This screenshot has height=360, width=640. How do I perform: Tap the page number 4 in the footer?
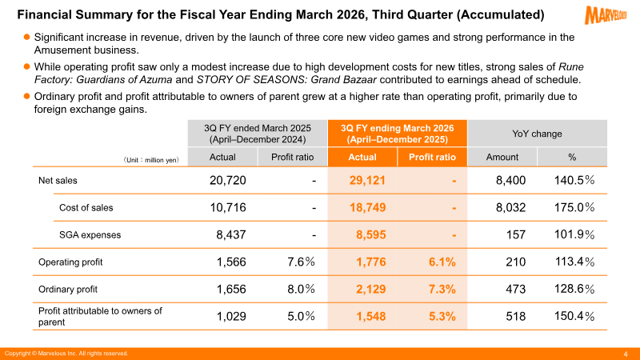(x=625, y=354)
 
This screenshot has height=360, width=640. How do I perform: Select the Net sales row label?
(x=58, y=181)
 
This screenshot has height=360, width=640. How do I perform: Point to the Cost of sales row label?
(x=86, y=208)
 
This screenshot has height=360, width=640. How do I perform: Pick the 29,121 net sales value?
(x=368, y=181)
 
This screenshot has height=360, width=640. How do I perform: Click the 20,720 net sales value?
(x=236, y=181)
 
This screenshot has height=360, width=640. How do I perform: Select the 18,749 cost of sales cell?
(x=368, y=208)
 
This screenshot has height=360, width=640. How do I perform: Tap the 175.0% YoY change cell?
(x=574, y=208)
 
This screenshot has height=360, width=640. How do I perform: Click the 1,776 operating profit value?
(x=370, y=262)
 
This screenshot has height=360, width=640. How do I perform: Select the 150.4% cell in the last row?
(x=574, y=317)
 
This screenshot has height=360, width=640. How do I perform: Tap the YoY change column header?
(x=536, y=134)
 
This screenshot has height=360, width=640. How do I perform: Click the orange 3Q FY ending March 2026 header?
(x=398, y=133)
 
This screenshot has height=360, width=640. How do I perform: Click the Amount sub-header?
(x=502, y=157)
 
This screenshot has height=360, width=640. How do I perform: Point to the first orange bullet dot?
(x=26, y=37)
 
